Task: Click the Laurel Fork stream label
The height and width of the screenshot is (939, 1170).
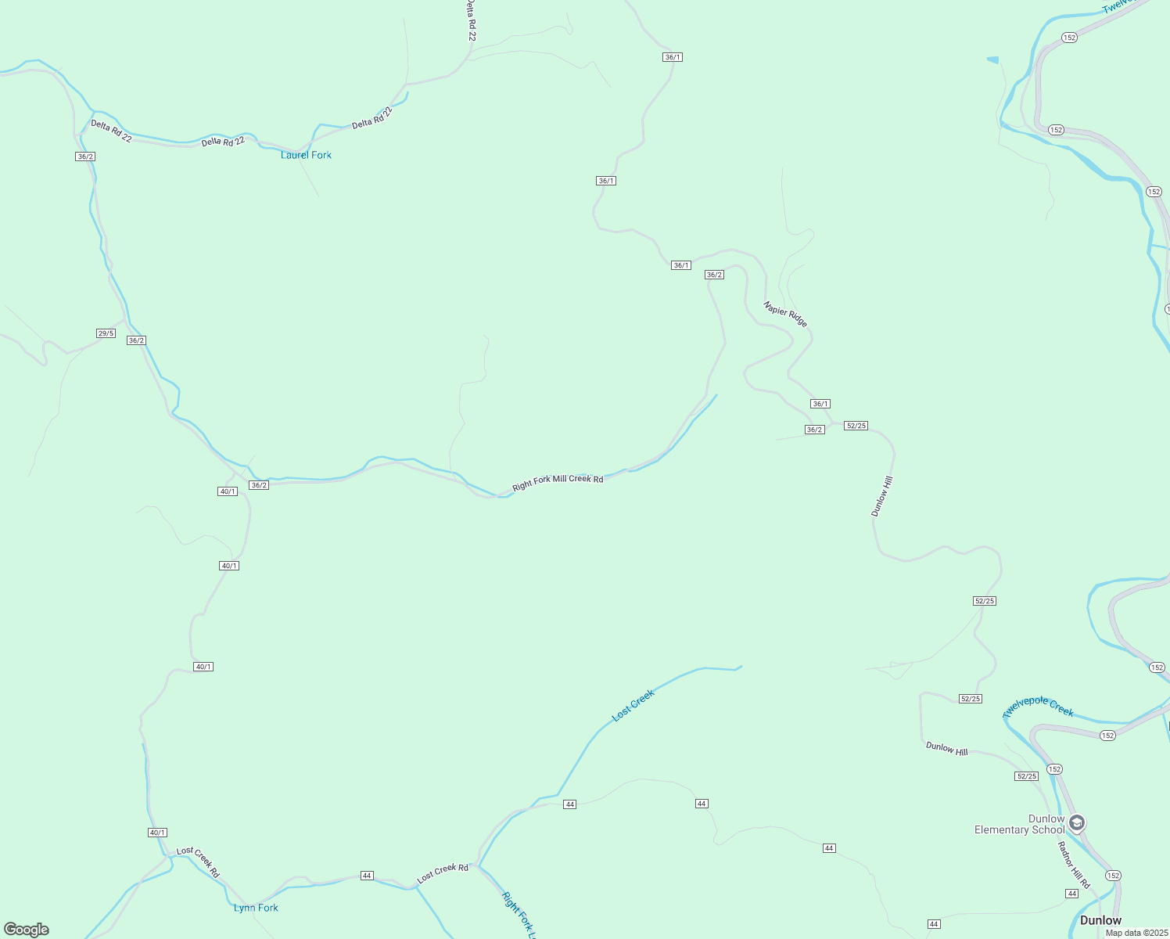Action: [306, 155]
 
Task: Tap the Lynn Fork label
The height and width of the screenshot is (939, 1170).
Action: [256, 908]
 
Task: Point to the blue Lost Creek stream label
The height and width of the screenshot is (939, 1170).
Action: [633, 705]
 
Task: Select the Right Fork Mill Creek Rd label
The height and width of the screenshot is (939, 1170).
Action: [558, 482]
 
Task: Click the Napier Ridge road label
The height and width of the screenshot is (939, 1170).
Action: [785, 314]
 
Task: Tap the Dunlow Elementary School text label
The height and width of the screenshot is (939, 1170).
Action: [1019, 825]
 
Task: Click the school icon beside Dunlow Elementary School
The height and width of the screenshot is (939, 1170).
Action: [1077, 823]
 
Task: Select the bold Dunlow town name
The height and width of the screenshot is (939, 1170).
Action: [1100, 920]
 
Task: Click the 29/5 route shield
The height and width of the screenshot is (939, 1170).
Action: [106, 333]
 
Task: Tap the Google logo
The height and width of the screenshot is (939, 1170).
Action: [27, 930]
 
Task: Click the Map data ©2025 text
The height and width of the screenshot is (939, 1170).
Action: [1136, 933]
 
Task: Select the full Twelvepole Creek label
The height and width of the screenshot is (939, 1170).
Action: [1038, 707]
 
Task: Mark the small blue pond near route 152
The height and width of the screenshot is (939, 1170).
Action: [993, 59]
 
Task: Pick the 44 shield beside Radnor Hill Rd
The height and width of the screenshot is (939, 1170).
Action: [1071, 894]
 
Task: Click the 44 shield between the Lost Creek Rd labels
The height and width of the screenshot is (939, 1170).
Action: [367, 876]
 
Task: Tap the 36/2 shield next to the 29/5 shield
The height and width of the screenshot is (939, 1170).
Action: [136, 340]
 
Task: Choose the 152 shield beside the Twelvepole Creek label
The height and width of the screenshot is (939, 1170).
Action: [1107, 736]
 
